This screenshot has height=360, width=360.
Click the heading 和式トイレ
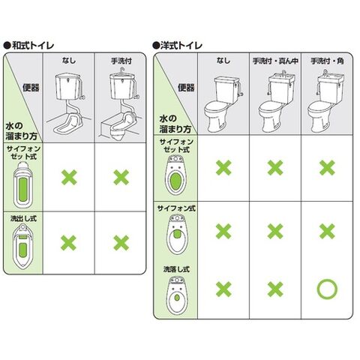pos(33,46)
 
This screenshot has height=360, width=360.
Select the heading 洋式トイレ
pos(181,46)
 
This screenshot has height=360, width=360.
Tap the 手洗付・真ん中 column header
pos(275,61)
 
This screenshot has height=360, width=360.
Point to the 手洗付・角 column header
pos(327,61)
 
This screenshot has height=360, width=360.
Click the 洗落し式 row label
pos(176,269)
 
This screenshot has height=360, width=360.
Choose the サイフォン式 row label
pos(176,208)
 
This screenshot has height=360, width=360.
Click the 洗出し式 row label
pos(23,218)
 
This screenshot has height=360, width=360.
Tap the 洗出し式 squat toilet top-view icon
pos(22,247)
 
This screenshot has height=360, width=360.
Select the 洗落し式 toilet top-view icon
pos(177,295)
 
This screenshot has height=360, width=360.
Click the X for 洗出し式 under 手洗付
pos(121,243)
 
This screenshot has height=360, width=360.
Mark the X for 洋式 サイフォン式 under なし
pos(223,231)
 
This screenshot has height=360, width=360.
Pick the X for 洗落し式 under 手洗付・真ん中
pos(275,289)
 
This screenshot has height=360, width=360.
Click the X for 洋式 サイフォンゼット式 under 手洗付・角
pos(327,168)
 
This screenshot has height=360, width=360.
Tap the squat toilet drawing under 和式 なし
pos(68,103)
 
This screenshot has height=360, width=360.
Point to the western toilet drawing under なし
pos(223,104)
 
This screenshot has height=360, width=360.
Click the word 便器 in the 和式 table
pos(31,88)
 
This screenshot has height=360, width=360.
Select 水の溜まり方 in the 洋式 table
pos(175,124)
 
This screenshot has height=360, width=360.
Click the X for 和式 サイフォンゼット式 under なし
pos(69,178)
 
